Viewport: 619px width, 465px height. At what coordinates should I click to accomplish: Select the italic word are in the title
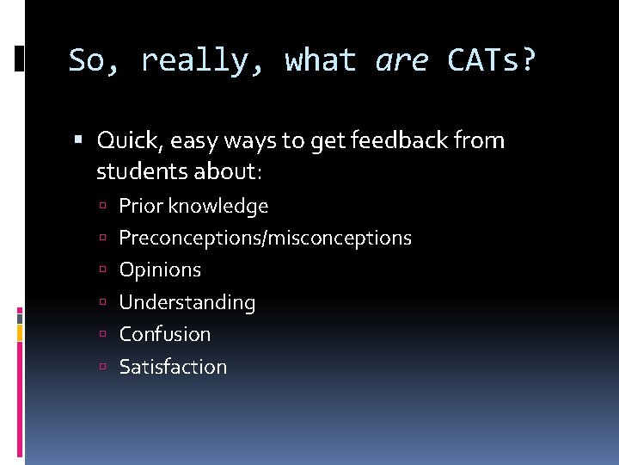coord(401,60)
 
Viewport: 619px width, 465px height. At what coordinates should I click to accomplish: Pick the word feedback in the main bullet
coord(384,139)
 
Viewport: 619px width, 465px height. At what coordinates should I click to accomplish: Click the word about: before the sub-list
coord(224,171)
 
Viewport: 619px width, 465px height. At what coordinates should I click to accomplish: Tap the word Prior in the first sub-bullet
coord(141,207)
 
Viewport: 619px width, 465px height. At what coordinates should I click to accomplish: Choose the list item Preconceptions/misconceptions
coord(265,238)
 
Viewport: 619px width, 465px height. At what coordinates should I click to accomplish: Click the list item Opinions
coord(160,270)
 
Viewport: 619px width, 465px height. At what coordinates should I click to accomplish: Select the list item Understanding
coord(187,302)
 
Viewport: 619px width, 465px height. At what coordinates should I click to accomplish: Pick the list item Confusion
coord(164,334)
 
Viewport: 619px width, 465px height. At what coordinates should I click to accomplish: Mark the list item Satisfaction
coord(173,367)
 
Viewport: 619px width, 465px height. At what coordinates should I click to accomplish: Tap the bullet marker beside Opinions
coord(101,270)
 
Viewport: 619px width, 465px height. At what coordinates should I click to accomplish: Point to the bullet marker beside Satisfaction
coord(101,368)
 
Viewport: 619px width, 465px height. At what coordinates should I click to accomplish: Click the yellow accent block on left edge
coord(21,332)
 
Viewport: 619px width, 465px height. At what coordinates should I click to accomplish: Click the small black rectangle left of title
coord(20,58)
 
